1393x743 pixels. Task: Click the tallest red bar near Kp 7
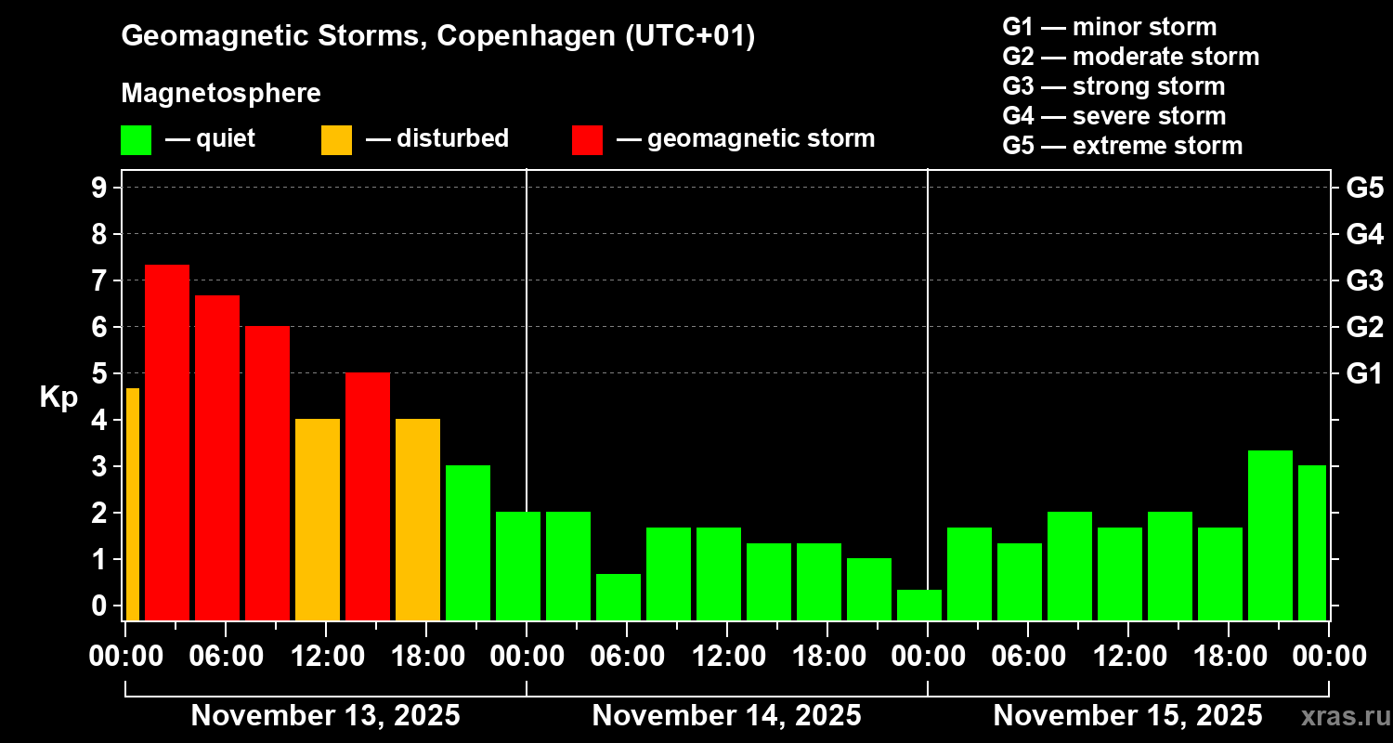point(167,442)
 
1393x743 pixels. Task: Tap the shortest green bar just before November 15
point(919,605)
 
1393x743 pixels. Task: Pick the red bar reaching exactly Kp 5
point(368,496)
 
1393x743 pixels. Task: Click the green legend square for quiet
point(136,139)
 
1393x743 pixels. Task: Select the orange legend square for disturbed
point(336,139)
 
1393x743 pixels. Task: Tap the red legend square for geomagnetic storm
point(587,139)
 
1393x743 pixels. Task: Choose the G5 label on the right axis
point(1364,189)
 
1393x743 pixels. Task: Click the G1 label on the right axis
point(1364,374)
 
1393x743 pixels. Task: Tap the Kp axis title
point(59,398)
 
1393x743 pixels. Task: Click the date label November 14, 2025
point(726,716)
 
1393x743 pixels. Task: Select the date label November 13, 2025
point(325,716)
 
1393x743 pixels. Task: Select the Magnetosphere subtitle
point(221,94)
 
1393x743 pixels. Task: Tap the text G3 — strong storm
point(1113,86)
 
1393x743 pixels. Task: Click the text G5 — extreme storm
point(1122,146)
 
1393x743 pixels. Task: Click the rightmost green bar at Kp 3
point(1312,542)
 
